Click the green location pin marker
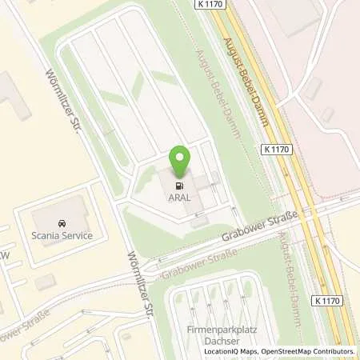click(181, 163)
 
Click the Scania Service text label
click(62, 235)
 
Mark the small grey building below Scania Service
click(46, 282)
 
